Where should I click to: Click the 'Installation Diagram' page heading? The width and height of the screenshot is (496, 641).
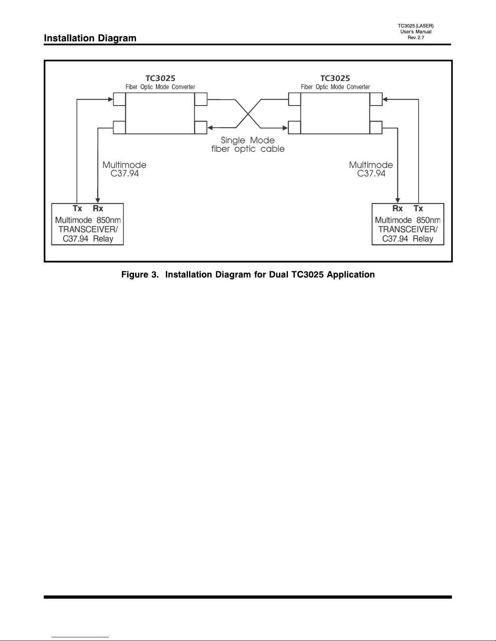pyautogui.click(x=90, y=38)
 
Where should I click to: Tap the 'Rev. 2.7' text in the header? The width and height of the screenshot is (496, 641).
pyautogui.click(x=416, y=38)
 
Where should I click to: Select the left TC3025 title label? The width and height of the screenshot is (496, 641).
pyautogui.click(x=160, y=78)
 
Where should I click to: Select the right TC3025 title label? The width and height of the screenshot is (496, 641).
pyautogui.click(x=335, y=78)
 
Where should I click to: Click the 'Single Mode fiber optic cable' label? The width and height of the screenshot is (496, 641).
pyautogui.click(x=248, y=144)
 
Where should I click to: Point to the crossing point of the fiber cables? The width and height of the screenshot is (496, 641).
pyautogui.click(x=248, y=114)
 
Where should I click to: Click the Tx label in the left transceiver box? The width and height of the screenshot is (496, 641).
pyautogui.click(x=77, y=209)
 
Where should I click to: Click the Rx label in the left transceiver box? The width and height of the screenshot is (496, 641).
pyautogui.click(x=98, y=209)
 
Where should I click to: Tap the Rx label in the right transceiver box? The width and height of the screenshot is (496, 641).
pyautogui.click(x=397, y=209)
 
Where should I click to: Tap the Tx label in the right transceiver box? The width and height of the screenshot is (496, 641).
pyautogui.click(x=418, y=209)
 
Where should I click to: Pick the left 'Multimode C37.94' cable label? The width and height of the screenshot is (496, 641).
pyautogui.click(x=124, y=169)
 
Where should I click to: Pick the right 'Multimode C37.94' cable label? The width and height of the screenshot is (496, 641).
pyautogui.click(x=371, y=169)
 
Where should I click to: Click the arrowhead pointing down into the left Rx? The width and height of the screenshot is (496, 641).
pyautogui.click(x=98, y=201)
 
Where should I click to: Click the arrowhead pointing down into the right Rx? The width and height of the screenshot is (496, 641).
pyautogui.click(x=398, y=201)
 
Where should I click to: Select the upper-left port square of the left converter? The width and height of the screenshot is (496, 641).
pyautogui.click(x=119, y=99)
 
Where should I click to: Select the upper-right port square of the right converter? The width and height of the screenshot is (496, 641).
pyautogui.click(x=376, y=99)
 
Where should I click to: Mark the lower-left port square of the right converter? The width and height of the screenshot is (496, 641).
pyautogui.click(x=294, y=127)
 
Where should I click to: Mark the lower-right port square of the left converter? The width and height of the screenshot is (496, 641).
pyautogui.click(x=201, y=127)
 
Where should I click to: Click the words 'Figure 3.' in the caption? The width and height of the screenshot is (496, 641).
pyautogui.click(x=140, y=275)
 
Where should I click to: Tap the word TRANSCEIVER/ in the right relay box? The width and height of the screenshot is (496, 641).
pyautogui.click(x=408, y=229)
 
